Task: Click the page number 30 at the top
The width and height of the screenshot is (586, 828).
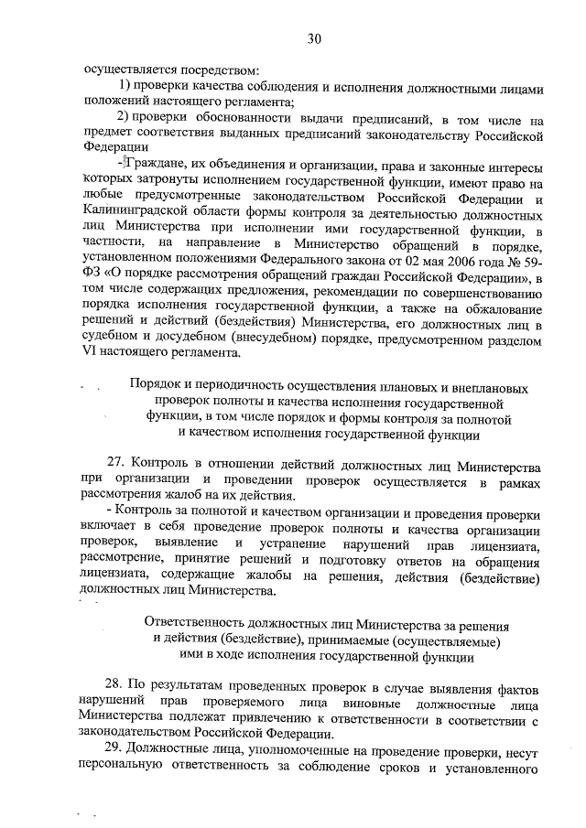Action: tap(314, 38)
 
